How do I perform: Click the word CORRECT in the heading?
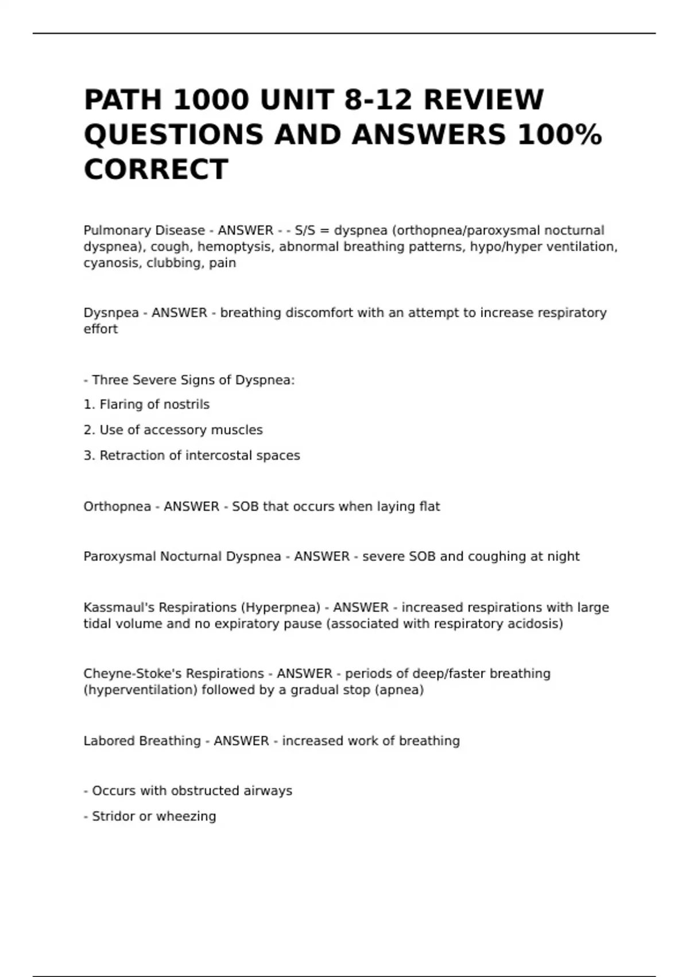(156, 170)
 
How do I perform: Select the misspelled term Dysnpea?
(111, 313)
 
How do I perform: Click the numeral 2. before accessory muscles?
(89, 430)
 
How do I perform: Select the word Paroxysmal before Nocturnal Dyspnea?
(119, 556)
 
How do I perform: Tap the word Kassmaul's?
(119, 607)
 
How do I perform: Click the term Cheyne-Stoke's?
(133, 674)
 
